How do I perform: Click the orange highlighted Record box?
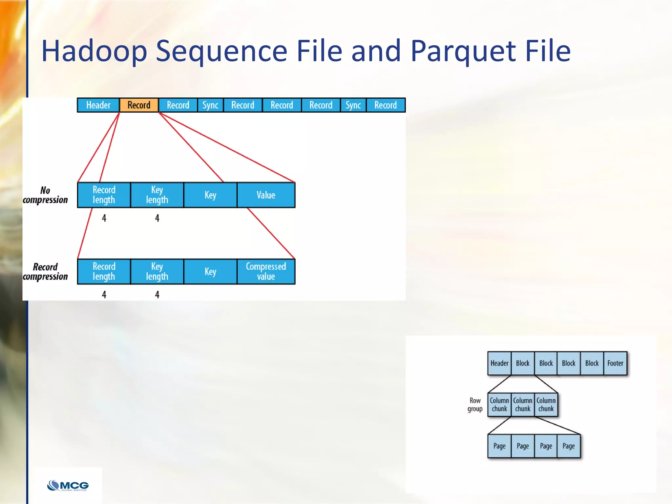point(139,105)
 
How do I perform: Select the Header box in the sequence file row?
point(98,105)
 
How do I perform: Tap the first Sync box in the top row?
point(210,105)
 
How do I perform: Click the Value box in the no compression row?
point(266,195)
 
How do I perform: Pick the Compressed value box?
point(266,271)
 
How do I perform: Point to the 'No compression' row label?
point(45,195)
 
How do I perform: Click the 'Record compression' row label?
point(45,272)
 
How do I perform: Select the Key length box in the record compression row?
point(157,271)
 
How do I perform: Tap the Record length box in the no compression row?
point(104,195)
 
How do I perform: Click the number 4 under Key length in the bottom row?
point(157,295)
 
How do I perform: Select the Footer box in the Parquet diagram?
point(615,363)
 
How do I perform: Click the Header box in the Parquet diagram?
point(499,363)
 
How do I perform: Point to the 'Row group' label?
point(475,405)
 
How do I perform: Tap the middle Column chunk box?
point(522,405)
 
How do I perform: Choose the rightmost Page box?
point(568,446)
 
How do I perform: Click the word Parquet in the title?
point(463,51)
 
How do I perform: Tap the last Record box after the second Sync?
point(386,105)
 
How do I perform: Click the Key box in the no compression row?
point(210,195)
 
